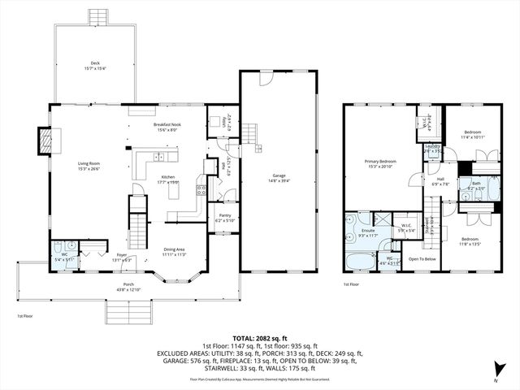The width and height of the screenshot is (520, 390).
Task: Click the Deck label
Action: click(96, 63)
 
